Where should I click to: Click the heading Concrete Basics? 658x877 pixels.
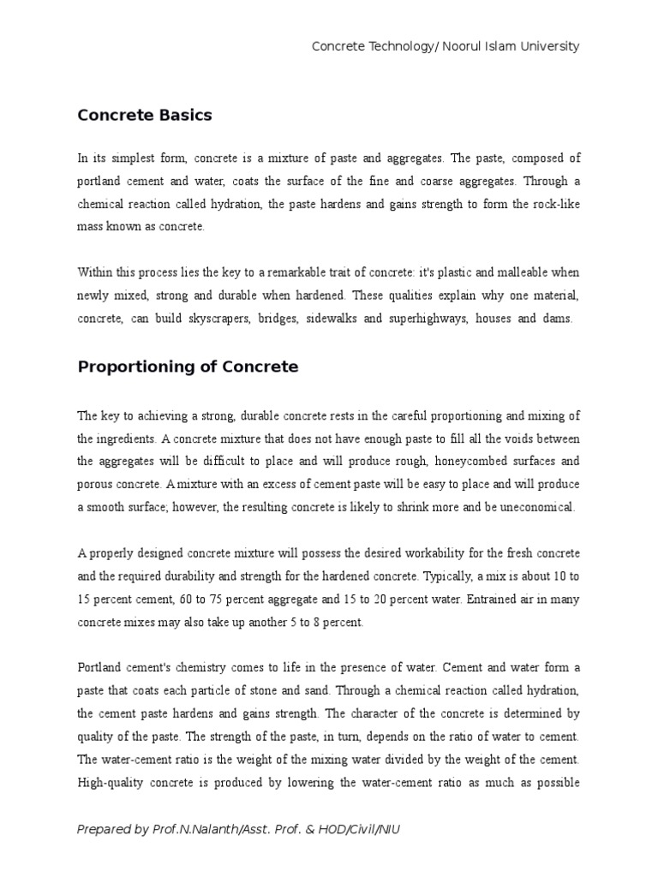[145, 115]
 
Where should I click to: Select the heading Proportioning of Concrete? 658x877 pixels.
[188, 367]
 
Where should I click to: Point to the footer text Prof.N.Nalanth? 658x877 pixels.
[185, 829]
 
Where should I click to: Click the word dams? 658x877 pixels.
[562, 318]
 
